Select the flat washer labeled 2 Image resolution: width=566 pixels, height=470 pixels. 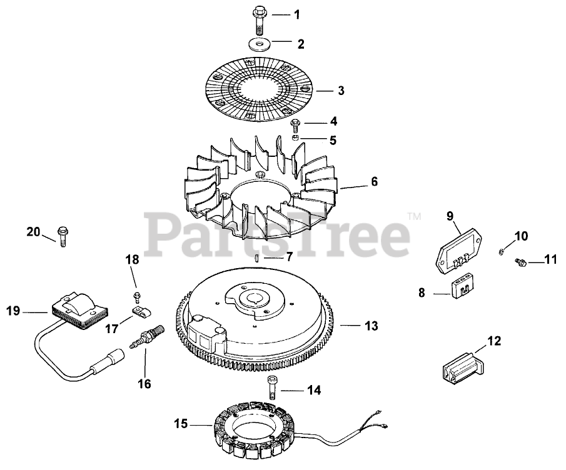(x=258, y=45)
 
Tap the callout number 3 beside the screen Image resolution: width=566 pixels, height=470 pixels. (x=341, y=91)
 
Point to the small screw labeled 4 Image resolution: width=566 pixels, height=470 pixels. (x=296, y=123)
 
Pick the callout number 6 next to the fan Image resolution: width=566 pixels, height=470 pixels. (x=374, y=182)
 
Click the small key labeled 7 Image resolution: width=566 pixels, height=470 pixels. (x=258, y=256)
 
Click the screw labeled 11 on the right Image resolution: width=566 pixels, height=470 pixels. (x=519, y=262)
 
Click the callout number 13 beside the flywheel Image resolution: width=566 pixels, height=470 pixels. (x=371, y=326)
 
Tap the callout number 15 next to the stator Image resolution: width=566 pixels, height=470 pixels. (x=181, y=424)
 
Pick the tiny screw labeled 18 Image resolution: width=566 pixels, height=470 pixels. (x=136, y=295)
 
